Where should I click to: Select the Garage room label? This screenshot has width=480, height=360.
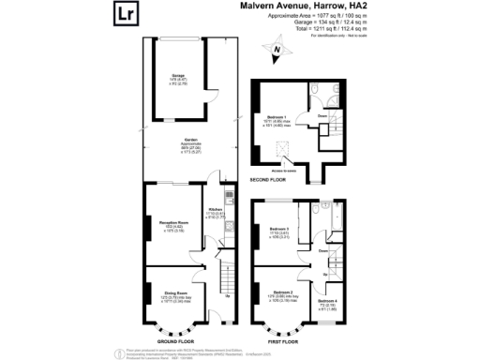[177, 74]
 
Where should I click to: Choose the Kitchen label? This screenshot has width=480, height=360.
[214, 210]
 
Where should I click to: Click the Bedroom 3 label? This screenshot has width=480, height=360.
[279, 229]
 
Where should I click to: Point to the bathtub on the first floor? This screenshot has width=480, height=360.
[315, 215]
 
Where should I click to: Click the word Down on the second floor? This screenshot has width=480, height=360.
[322, 117]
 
